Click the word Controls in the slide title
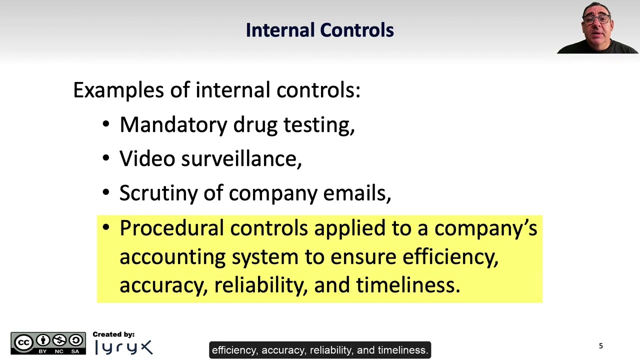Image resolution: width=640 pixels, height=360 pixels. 357,30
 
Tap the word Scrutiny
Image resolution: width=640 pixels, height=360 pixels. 158,193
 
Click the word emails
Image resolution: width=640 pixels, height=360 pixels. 356,192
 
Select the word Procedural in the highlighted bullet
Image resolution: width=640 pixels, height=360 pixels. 171,228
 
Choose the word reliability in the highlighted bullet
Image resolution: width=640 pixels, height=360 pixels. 260,285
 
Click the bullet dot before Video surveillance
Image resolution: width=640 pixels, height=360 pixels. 105,158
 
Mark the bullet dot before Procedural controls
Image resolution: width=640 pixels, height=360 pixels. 105,228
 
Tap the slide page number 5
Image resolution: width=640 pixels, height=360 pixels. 601,346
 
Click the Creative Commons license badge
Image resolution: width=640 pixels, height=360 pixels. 48,343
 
